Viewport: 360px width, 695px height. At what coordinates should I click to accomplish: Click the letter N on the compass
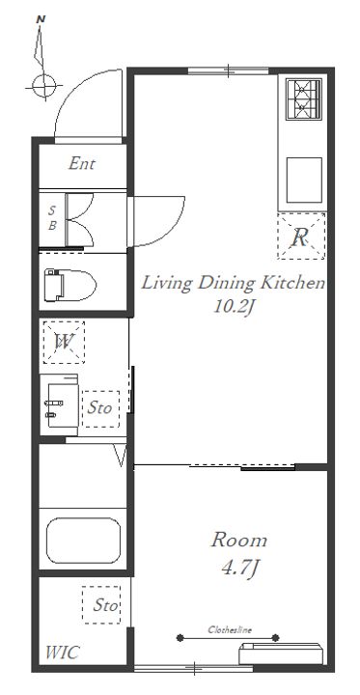click(41, 19)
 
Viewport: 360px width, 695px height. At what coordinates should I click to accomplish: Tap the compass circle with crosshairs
click(43, 86)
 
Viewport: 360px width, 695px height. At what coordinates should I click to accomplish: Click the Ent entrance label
click(82, 164)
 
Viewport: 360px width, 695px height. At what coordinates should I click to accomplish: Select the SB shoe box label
click(52, 217)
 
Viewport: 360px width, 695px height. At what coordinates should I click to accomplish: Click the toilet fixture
click(70, 285)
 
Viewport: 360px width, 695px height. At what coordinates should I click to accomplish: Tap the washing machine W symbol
click(64, 342)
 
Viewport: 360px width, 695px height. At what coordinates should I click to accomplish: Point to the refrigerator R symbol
click(301, 236)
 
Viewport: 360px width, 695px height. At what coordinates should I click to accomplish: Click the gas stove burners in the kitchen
click(304, 98)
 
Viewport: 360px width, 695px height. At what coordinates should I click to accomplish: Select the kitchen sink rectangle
click(304, 180)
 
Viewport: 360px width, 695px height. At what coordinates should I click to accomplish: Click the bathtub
click(83, 541)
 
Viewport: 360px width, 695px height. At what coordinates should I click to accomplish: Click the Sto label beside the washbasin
click(99, 407)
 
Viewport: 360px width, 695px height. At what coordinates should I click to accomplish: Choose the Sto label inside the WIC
click(105, 605)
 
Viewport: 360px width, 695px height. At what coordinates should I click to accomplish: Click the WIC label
click(62, 653)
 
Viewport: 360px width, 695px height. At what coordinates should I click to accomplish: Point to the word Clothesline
click(230, 629)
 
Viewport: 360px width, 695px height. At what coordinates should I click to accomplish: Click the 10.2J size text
click(234, 306)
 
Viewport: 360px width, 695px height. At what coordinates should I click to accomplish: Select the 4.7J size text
click(239, 568)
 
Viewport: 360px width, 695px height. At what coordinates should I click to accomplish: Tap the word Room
click(239, 541)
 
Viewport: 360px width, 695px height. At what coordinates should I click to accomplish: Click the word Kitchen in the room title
click(292, 283)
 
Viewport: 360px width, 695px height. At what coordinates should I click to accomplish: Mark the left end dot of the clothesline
click(180, 638)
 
